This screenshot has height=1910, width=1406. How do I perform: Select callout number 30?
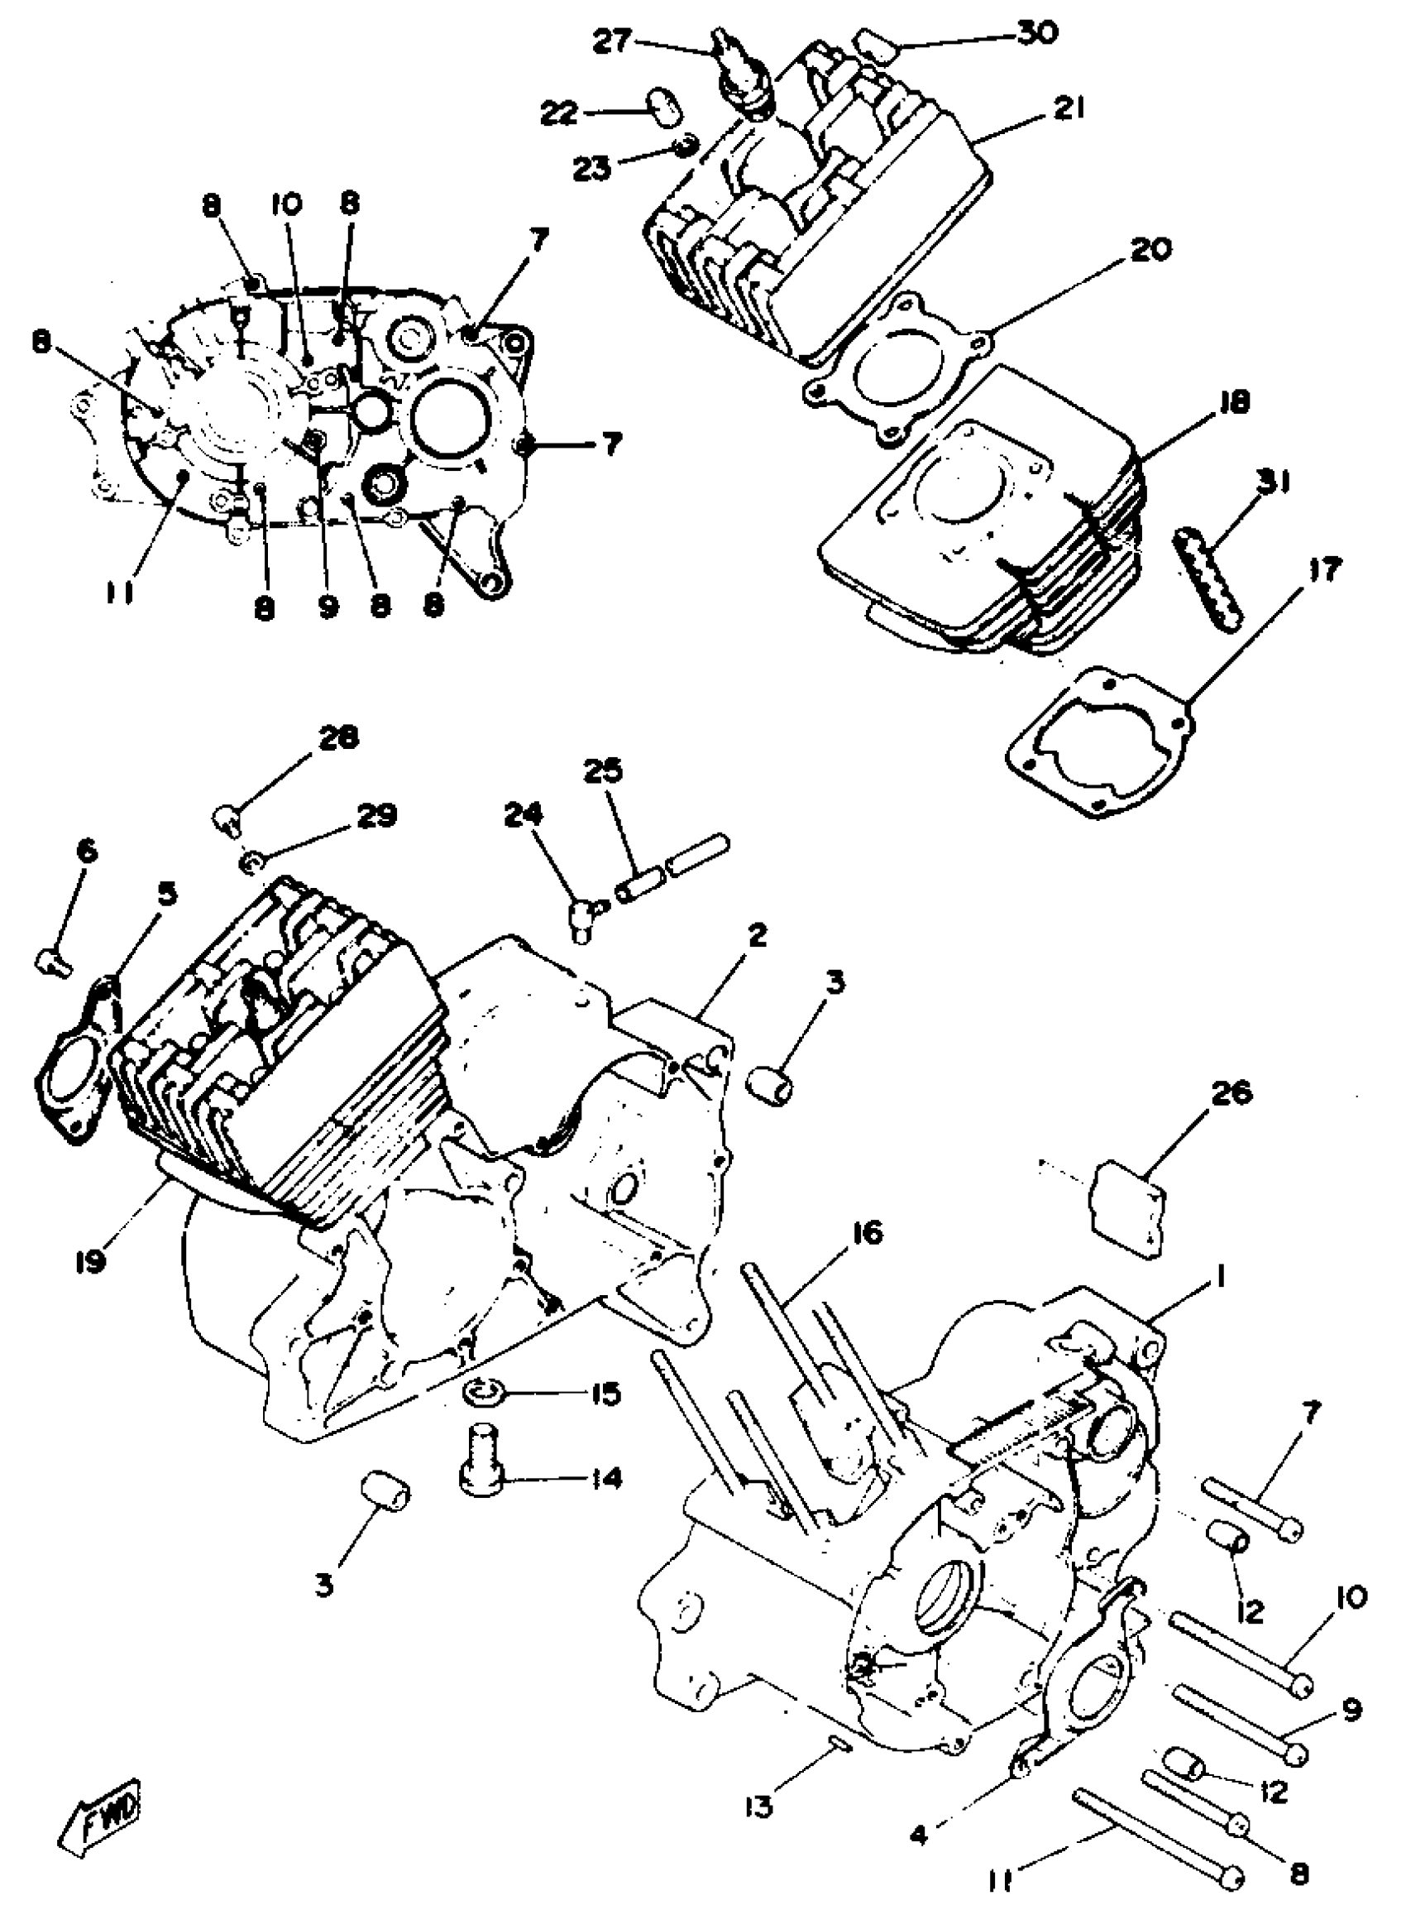(x=1035, y=34)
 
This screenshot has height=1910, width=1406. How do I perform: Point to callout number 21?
(x=1070, y=109)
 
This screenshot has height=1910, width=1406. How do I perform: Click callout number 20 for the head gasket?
(x=1151, y=249)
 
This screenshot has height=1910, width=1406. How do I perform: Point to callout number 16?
(x=867, y=1233)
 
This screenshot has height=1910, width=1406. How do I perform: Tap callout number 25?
(x=604, y=772)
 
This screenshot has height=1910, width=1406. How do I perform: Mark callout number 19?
(x=89, y=1261)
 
